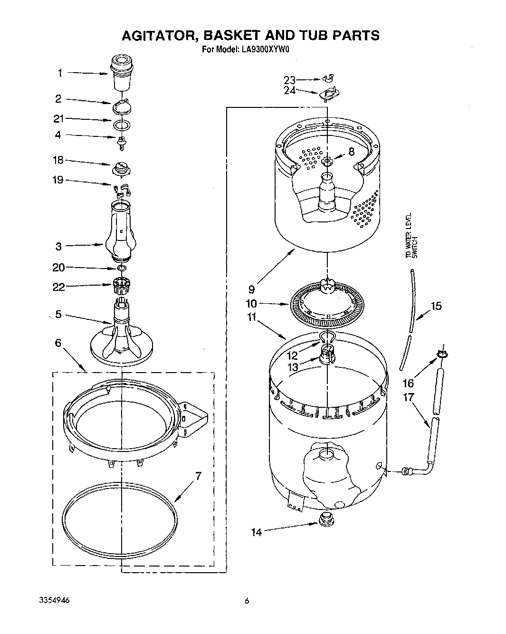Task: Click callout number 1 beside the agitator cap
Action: (x=60, y=73)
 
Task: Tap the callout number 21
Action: (x=58, y=119)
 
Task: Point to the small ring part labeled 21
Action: (x=122, y=125)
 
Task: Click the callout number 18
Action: (x=58, y=160)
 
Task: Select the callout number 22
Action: (x=58, y=287)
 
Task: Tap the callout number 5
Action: (x=58, y=314)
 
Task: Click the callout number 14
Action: (x=256, y=532)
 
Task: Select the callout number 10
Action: (x=251, y=304)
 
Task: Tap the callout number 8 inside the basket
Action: (x=351, y=152)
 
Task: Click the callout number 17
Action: (x=408, y=398)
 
